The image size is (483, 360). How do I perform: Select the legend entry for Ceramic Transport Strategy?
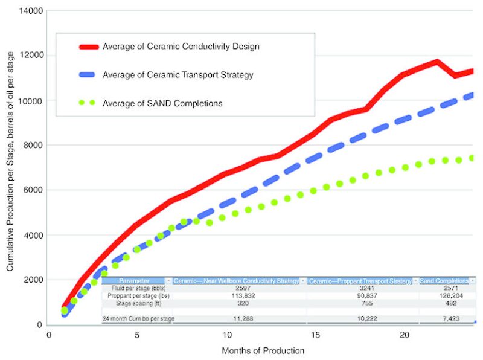(x=178, y=76)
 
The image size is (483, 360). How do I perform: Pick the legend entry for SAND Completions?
(x=162, y=103)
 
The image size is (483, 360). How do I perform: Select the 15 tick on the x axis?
(x=315, y=335)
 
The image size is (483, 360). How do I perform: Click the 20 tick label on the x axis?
(x=404, y=335)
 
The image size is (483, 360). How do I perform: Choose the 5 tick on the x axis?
(x=137, y=335)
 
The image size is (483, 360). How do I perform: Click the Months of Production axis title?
(x=263, y=350)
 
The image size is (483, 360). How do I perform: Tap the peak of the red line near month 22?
(x=436, y=62)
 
